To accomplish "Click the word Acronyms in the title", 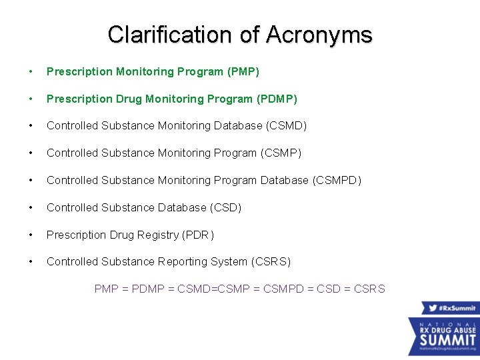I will tap(319, 35).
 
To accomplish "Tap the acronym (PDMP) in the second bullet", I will tap(277, 99).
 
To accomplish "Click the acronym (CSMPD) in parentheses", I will tap(337, 181).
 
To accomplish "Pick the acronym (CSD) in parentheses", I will tap(225, 207).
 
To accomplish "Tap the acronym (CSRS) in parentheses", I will tap(271, 262).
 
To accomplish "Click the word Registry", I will tap(157, 235).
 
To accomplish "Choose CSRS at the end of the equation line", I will tap(369, 289).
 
